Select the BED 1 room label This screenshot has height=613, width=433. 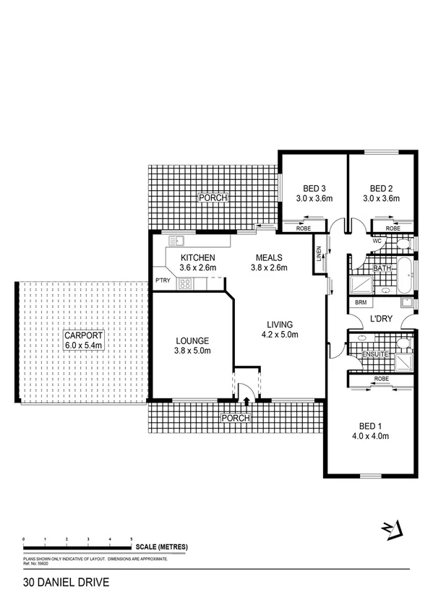[x=370, y=426]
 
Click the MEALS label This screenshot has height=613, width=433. [x=269, y=258]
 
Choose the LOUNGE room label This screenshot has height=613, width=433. [x=192, y=340]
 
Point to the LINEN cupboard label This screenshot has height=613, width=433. [x=317, y=255]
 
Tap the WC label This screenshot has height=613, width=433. [x=377, y=239]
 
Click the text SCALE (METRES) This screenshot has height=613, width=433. [x=161, y=547]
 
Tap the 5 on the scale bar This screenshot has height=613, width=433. [x=131, y=539]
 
